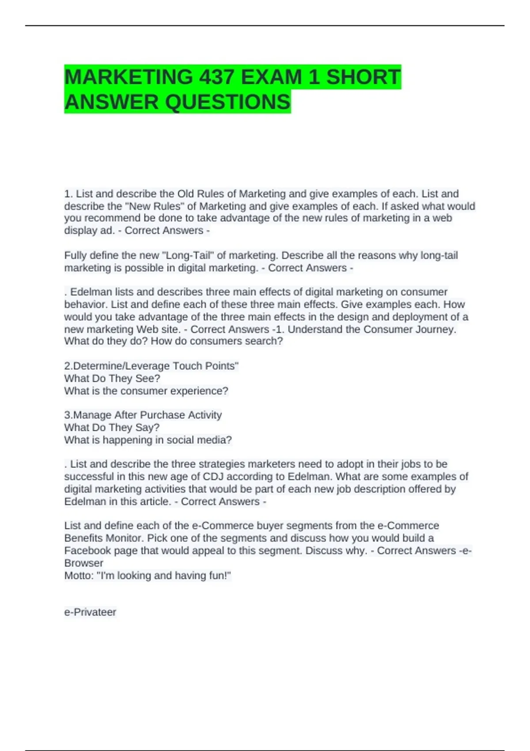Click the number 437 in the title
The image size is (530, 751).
[216, 77]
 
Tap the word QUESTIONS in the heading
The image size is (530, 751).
[228, 102]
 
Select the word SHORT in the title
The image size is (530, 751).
[363, 77]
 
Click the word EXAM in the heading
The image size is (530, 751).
[272, 77]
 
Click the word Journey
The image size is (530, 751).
[435, 329]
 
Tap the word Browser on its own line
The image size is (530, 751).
[84, 563]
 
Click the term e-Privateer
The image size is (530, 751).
[90, 612]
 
